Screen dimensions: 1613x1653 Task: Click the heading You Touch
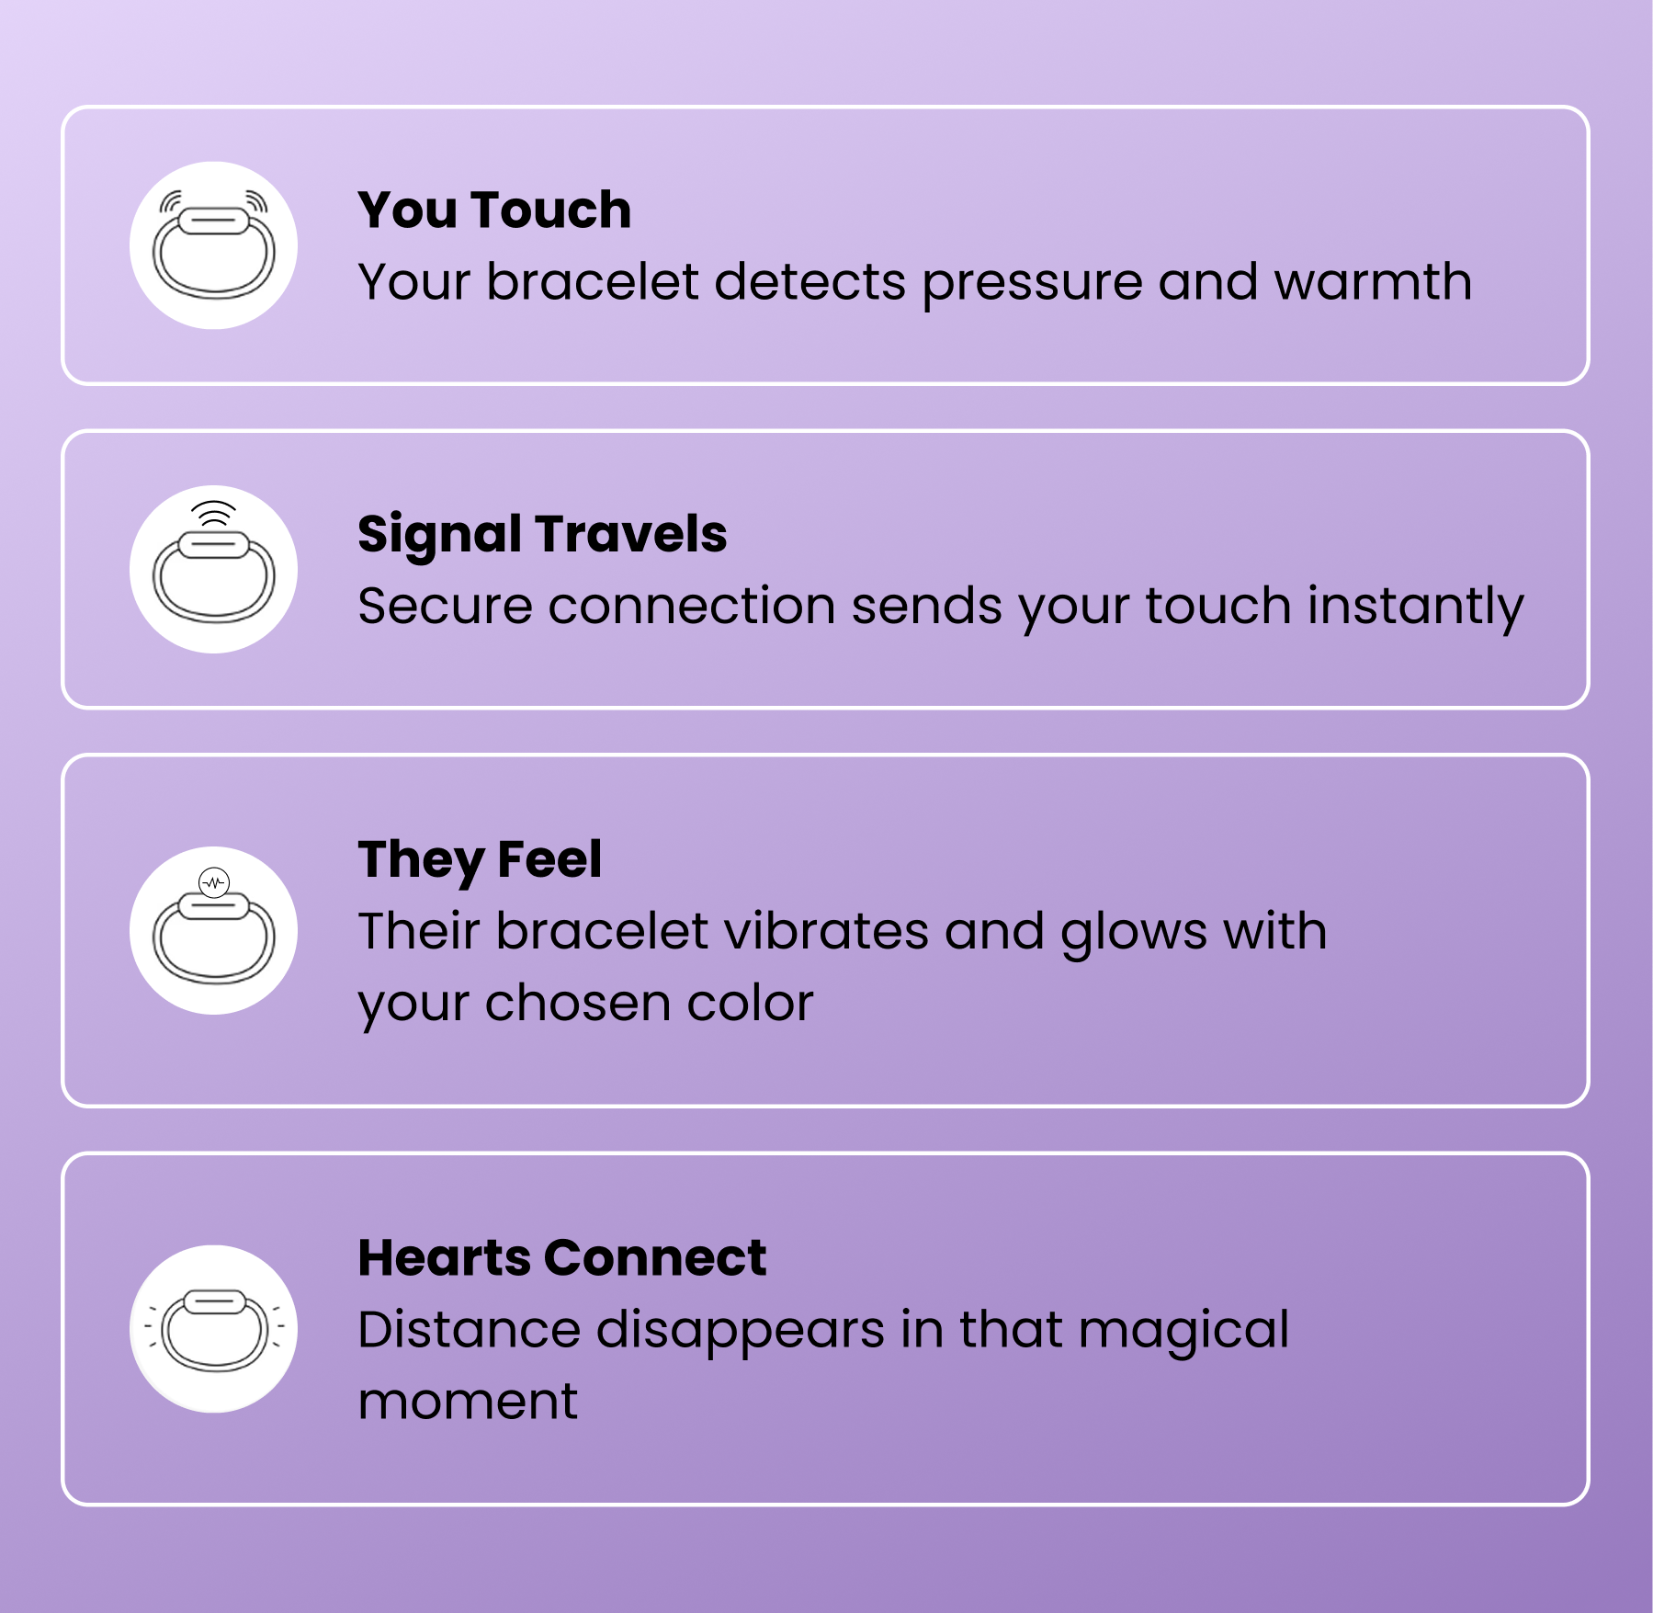(x=494, y=210)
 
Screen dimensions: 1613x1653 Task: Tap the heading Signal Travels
(x=542, y=535)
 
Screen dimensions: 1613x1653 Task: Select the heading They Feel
(x=480, y=860)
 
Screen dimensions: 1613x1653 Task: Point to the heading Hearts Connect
(x=561, y=1258)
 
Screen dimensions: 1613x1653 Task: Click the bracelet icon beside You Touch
(x=213, y=246)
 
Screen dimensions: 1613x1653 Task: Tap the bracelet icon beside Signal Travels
(x=213, y=571)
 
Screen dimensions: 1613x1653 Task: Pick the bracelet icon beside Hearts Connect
(x=213, y=1329)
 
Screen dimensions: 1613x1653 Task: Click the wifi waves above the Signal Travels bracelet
(x=214, y=513)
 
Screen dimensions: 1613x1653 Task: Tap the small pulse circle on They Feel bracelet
(x=214, y=882)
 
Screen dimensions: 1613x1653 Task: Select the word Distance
(x=469, y=1330)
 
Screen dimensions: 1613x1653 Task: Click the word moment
(x=468, y=1403)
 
